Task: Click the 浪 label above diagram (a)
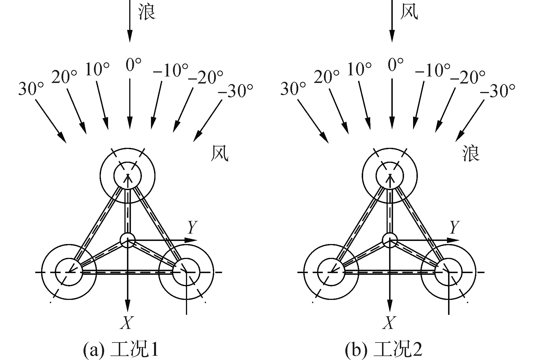[x=147, y=12]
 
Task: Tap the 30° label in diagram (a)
[x=31, y=89]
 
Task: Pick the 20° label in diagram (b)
[x=326, y=77]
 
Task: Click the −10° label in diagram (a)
[x=170, y=71]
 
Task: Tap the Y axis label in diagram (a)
[x=192, y=227]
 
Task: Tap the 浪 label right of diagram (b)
[x=471, y=154]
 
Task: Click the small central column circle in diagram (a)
[x=128, y=240]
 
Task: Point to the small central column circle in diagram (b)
[x=390, y=240]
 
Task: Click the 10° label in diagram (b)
[x=359, y=70]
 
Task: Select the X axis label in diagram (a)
[x=126, y=322]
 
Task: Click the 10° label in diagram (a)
[x=97, y=70]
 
